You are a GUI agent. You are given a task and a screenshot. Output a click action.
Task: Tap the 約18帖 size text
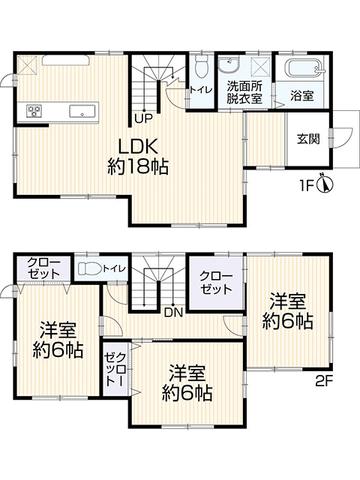(136, 166)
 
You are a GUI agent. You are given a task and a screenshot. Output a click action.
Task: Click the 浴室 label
(303, 95)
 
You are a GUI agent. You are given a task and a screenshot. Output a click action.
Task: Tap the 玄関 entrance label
(308, 139)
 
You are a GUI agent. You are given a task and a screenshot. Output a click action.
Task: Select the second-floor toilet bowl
(89, 268)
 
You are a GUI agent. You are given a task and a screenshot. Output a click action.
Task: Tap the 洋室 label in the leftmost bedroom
(58, 328)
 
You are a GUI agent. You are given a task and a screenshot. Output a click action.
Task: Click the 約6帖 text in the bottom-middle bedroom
(187, 392)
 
